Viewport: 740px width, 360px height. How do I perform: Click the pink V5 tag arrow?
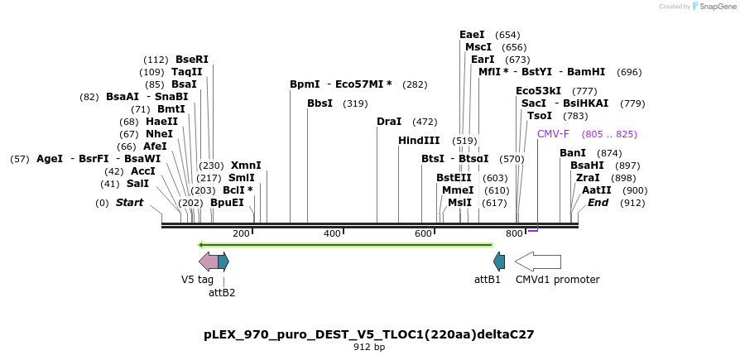pos(208,262)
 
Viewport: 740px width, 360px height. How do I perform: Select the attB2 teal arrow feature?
pos(223,262)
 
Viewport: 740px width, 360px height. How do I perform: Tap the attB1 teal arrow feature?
pos(499,262)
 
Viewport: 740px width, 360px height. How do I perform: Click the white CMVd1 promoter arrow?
pos(537,262)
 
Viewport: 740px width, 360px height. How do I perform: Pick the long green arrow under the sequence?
pos(345,244)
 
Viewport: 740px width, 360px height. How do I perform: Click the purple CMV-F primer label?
pos(553,134)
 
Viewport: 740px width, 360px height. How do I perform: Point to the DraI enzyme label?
pos(389,122)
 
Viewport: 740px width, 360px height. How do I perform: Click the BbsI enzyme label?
pos(320,103)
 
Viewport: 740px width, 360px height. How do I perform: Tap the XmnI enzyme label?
pos(246,166)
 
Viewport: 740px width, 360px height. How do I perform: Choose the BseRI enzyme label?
pos(192,60)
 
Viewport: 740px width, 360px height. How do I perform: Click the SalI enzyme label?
pos(137,184)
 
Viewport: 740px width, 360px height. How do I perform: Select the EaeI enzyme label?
pos(472,35)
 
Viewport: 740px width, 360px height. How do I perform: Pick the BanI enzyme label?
pos(573,153)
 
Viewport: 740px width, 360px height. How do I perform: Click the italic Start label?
pos(129,203)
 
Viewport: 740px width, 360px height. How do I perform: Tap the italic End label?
pos(598,203)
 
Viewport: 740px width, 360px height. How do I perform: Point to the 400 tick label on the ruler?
pos(332,234)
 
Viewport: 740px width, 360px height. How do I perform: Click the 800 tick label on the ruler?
pos(514,234)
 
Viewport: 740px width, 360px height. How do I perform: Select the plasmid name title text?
pos(369,334)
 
